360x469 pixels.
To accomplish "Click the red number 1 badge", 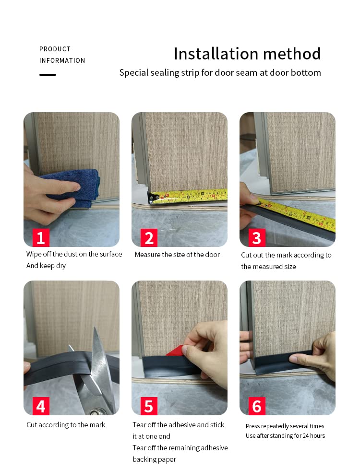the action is (x=41, y=238).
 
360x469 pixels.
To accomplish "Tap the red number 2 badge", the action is (x=149, y=238).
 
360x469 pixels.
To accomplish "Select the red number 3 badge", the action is (x=257, y=238).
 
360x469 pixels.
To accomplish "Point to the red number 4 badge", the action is (x=41, y=406).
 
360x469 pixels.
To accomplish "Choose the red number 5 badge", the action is (x=149, y=406).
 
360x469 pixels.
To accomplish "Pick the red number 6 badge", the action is (x=257, y=406).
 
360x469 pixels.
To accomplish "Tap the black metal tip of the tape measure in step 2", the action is (x=153, y=198).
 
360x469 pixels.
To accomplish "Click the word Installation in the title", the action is (x=216, y=54).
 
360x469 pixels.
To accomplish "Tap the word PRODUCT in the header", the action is (x=55, y=49).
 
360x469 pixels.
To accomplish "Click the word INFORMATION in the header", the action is (x=62, y=61).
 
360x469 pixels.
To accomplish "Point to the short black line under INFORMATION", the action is (x=48, y=75).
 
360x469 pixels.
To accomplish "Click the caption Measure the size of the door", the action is (x=177, y=255).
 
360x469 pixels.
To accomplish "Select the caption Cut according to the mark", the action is (x=66, y=425).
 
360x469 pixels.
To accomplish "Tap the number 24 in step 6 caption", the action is (x=305, y=435).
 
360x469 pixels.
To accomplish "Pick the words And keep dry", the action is (x=46, y=266).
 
